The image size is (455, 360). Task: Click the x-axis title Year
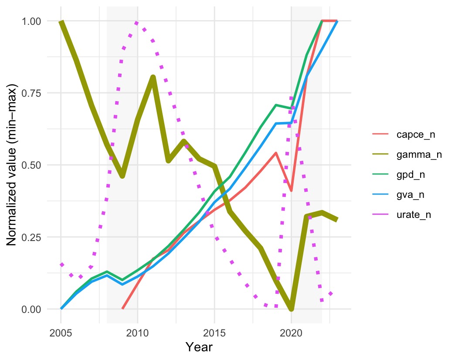(199, 347)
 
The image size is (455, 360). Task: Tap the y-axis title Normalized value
(14, 165)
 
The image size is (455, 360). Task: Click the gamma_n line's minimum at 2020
(291, 308)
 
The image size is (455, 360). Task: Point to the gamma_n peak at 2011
(153, 78)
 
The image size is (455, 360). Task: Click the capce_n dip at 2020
(291, 190)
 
